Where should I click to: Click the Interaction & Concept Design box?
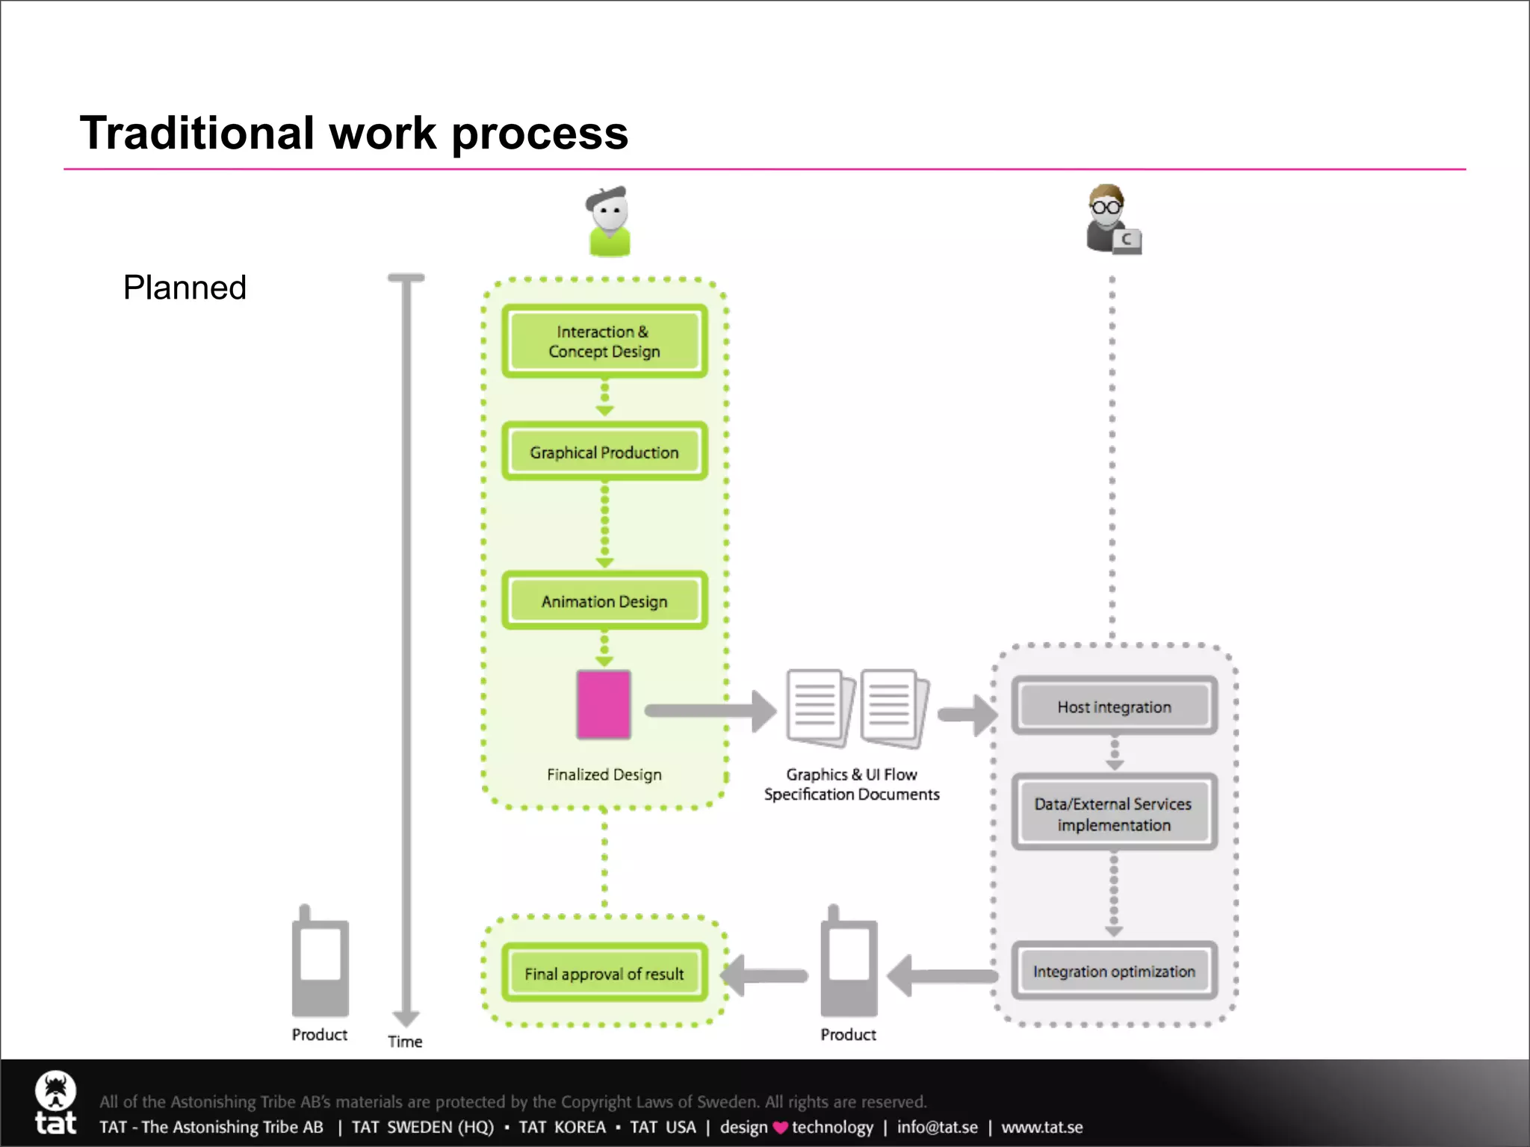[x=604, y=341]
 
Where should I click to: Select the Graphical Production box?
[x=604, y=452]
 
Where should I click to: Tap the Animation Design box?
[x=604, y=601]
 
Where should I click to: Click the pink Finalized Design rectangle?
[x=604, y=705]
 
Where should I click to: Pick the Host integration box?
[x=1114, y=706]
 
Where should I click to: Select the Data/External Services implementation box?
[x=1114, y=814]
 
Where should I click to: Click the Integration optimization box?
[x=1114, y=971]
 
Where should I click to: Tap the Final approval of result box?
[x=604, y=973]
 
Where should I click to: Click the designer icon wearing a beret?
[x=609, y=221]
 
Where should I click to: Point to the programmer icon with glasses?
[x=1112, y=220]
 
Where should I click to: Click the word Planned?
[x=185, y=287]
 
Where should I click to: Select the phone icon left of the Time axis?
[x=320, y=963]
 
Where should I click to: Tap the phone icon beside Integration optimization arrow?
[x=848, y=963]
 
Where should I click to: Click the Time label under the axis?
[x=405, y=1041]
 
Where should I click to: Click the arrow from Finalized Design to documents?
[x=710, y=710]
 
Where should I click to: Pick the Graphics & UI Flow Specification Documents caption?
[x=852, y=784]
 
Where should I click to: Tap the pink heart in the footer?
[x=780, y=1128]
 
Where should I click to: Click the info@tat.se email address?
[x=937, y=1127]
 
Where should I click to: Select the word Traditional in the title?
[x=197, y=133]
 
